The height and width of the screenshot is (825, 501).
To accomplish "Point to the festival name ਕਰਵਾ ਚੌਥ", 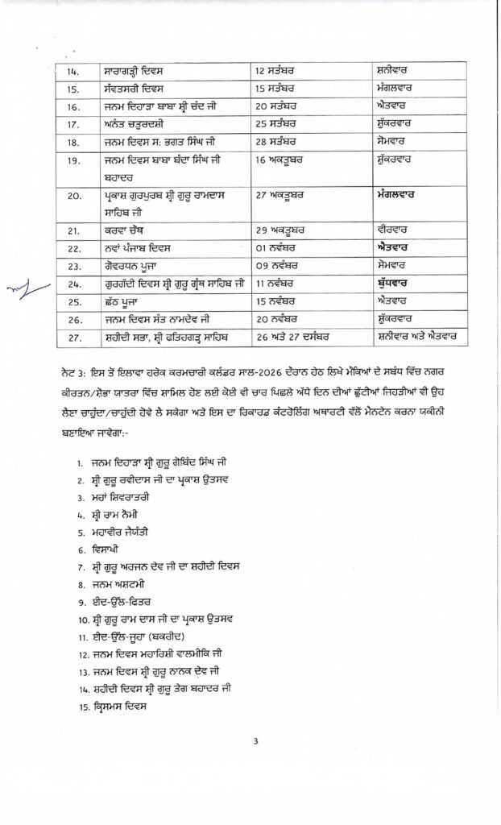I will (x=122, y=230).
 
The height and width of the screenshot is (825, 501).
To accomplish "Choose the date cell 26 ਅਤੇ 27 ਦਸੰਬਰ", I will (x=297, y=336).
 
